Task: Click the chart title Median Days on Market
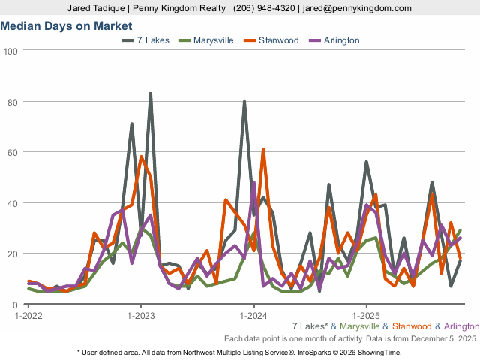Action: point(67,25)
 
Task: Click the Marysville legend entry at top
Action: point(213,40)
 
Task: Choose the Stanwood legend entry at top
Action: point(277,40)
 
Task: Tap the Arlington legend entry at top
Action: point(341,40)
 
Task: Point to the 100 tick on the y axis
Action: point(10,51)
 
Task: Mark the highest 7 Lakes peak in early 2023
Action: point(151,94)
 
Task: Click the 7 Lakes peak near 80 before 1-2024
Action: point(244,101)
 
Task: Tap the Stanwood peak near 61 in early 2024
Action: point(263,149)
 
